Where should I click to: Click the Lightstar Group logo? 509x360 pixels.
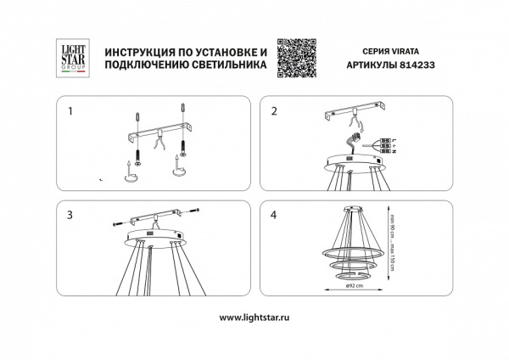click(x=67, y=60)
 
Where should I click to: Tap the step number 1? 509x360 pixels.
click(x=72, y=111)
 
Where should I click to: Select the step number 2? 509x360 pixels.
click(x=274, y=111)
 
